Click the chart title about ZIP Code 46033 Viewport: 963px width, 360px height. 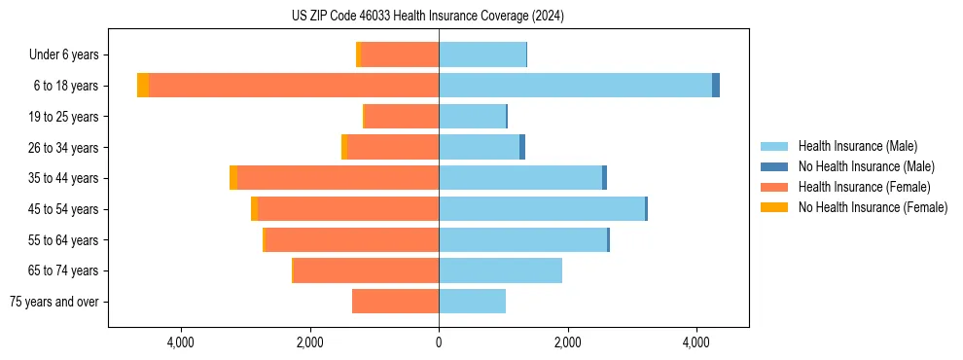427,17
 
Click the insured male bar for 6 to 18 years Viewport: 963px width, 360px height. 575,86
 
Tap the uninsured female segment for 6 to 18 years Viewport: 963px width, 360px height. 143,86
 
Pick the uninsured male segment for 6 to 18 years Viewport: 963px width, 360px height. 716,86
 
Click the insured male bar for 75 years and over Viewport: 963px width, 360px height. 472,302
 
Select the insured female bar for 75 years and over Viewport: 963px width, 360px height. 395,302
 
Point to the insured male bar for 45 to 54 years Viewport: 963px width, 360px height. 541,209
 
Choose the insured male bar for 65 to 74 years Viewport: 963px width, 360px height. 500,270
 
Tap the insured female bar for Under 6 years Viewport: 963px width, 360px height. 400,54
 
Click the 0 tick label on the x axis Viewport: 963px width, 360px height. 439,342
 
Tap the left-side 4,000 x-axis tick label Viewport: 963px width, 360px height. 181,342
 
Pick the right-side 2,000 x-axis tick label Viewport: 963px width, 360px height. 567,342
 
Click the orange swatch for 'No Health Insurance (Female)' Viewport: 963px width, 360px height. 774,207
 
